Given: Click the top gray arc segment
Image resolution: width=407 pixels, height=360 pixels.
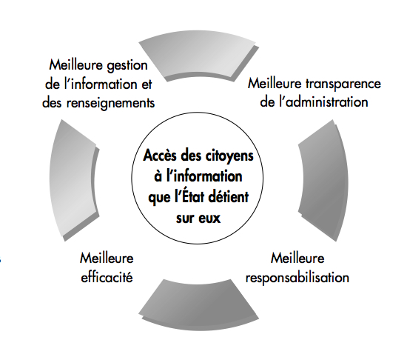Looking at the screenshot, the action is pyautogui.click(x=198, y=56).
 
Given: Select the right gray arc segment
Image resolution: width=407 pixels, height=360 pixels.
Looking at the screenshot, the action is pyautogui.click(x=324, y=181).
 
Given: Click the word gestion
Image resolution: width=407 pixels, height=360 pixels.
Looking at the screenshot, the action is pyautogui.click(x=127, y=65).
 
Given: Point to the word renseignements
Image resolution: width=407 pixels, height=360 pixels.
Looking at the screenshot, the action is pyautogui.click(x=110, y=103).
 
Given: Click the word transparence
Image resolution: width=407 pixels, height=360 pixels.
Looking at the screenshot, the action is pyautogui.click(x=343, y=84).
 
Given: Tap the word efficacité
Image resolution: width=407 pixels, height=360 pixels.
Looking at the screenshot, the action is pyautogui.click(x=107, y=277).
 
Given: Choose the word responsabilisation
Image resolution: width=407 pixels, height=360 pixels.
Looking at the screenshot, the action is pyautogui.click(x=297, y=278).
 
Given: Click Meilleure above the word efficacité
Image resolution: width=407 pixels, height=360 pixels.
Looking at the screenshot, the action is pyautogui.click(x=107, y=259).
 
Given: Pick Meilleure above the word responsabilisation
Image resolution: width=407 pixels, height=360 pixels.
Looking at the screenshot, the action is pyautogui.click(x=297, y=259).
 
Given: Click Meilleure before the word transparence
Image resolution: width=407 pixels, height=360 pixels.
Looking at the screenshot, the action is pyautogui.click(x=275, y=84).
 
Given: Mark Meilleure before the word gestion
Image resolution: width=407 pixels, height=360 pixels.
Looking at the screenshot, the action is pyautogui.click(x=76, y=65).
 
